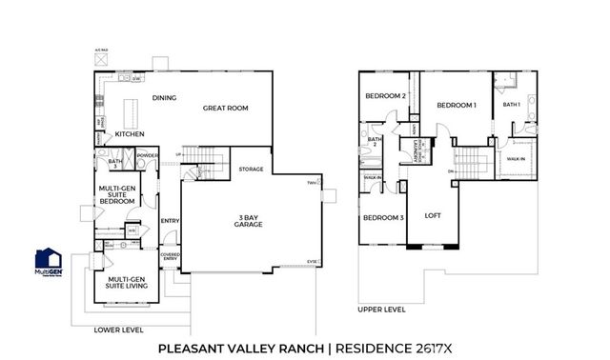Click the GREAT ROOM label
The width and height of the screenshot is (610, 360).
coord(225,109)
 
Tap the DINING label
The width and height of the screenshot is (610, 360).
coord(165,98)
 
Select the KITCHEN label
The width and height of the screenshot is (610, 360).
coord(130,134)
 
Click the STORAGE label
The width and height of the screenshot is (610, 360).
coord(251,169)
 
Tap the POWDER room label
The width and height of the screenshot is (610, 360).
coord(148,155)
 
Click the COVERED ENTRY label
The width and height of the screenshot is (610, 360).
coord(170,257)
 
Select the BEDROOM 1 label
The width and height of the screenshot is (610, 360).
coord(456,105)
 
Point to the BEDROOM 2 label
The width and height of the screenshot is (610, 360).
coord(385,96)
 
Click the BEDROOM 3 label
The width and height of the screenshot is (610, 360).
coord(382,218)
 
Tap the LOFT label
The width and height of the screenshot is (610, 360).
coord(434,214)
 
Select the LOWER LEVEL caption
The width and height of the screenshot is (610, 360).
coord(118,330)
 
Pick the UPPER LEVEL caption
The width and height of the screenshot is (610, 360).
coord(381,309)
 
